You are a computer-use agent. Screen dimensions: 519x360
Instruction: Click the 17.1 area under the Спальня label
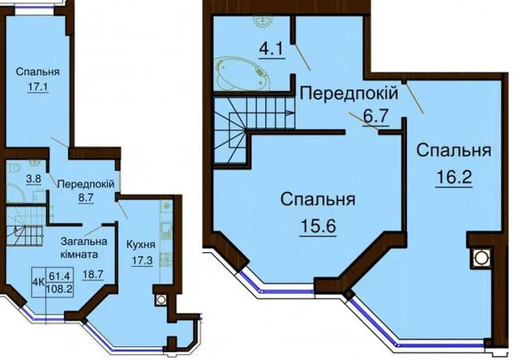click(38, 88)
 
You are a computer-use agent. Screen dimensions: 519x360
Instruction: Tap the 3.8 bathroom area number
click(33, 179)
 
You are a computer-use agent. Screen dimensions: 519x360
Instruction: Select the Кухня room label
click(141, 245)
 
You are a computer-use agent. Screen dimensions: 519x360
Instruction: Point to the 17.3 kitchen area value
click(143, 261)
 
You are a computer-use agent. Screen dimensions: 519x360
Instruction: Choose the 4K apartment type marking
click(39, 282)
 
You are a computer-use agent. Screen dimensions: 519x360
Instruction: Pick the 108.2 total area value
click(60, 289)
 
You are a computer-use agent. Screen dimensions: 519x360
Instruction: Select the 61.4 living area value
click(59, 275)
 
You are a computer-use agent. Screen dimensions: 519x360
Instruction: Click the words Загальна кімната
click(84, 248)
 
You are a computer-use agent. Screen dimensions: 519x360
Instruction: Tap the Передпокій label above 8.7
click(86, 184)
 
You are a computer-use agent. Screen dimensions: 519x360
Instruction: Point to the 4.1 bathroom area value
click(271, 49)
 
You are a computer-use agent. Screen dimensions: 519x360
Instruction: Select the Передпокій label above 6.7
click(350, 93)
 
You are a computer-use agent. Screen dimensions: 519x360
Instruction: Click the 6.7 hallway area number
click(375, 117)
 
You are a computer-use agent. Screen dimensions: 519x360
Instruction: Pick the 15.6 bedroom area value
click(318, 227)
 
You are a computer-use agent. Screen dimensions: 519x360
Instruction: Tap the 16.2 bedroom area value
click(454, 178)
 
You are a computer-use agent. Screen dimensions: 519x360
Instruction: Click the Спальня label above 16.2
click(454, 151)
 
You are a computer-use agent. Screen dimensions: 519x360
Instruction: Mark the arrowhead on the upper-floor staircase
click(290, 113)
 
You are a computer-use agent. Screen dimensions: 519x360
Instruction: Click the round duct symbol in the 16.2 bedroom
click(481, 257)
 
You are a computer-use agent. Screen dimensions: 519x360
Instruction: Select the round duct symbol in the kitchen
click(161, 299)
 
